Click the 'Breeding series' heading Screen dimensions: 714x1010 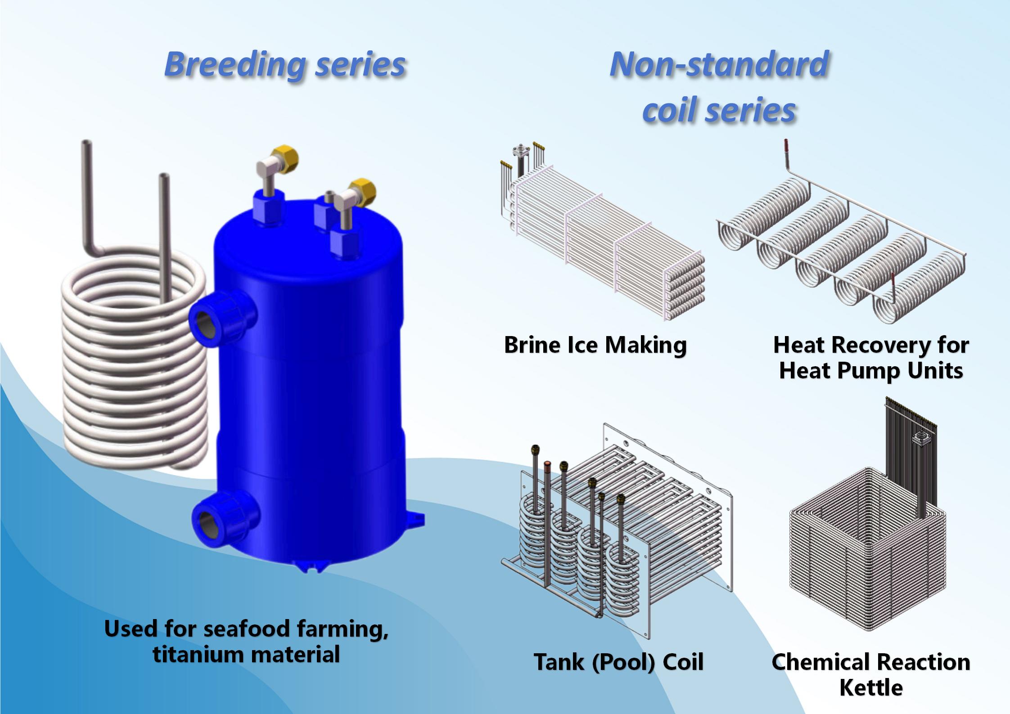285,64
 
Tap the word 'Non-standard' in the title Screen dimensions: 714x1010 719,64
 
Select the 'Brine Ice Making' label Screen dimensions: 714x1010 595,345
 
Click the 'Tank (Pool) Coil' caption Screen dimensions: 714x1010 618,662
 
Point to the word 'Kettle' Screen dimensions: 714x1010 871,688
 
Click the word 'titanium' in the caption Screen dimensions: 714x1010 197,654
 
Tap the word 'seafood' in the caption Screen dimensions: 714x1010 247,629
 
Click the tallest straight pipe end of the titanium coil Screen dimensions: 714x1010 86,145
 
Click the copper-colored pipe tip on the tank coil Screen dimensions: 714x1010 547,465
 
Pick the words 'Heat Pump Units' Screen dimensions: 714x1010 871,371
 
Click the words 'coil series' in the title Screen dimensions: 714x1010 719,110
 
